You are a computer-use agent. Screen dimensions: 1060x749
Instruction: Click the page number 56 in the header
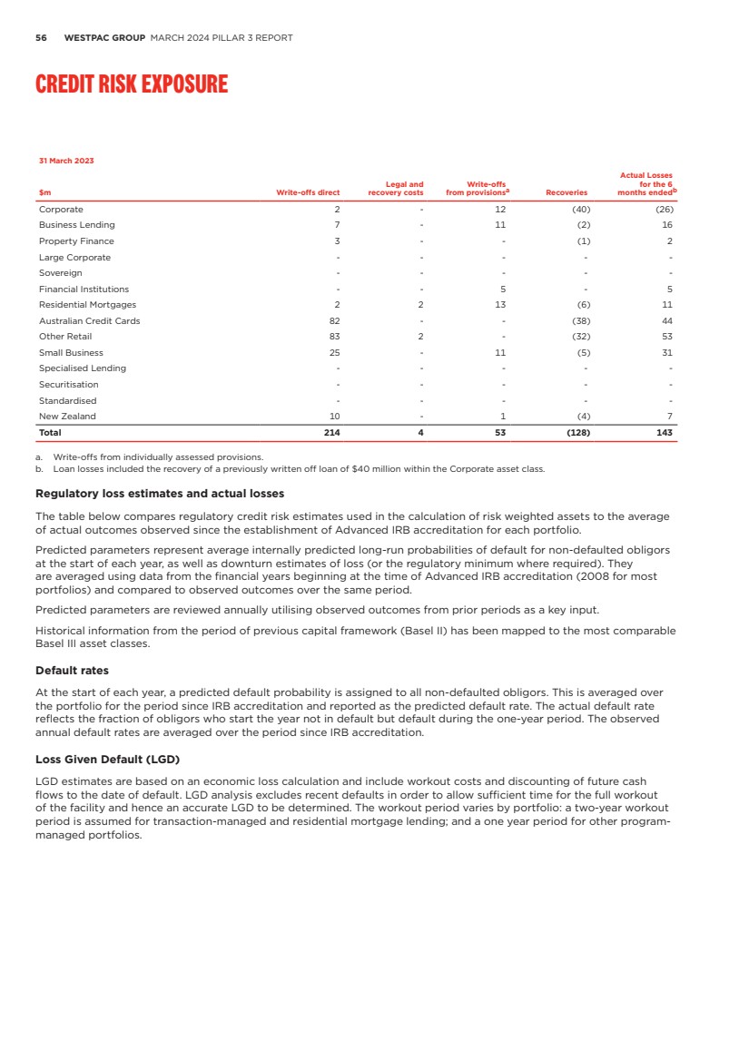click(41, 38)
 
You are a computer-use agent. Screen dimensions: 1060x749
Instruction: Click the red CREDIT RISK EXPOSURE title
click(132, 84)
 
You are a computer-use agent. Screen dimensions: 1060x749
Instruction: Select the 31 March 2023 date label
click(66, 161)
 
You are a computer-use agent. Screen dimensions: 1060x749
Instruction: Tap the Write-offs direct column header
click(309, 192)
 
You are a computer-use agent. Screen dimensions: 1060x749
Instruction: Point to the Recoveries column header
click(566, 192)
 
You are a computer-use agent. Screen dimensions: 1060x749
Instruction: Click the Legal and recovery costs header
click(396, 189)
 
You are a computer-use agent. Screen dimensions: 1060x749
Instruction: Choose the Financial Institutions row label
click(84, 289)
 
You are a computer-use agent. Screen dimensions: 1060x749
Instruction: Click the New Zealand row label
click(67, 416)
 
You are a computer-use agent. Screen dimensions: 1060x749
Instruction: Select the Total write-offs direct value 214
click(332, 433)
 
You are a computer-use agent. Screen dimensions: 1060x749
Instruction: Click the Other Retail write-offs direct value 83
click(334, 337)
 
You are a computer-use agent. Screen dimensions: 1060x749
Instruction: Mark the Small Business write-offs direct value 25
click(334, 352)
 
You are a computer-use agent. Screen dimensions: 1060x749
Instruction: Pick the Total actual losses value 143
click(665, 433)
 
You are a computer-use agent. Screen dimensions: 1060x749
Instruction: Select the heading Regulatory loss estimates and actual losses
click(160, 494)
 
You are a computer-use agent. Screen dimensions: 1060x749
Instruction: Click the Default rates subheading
click(72, 671)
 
